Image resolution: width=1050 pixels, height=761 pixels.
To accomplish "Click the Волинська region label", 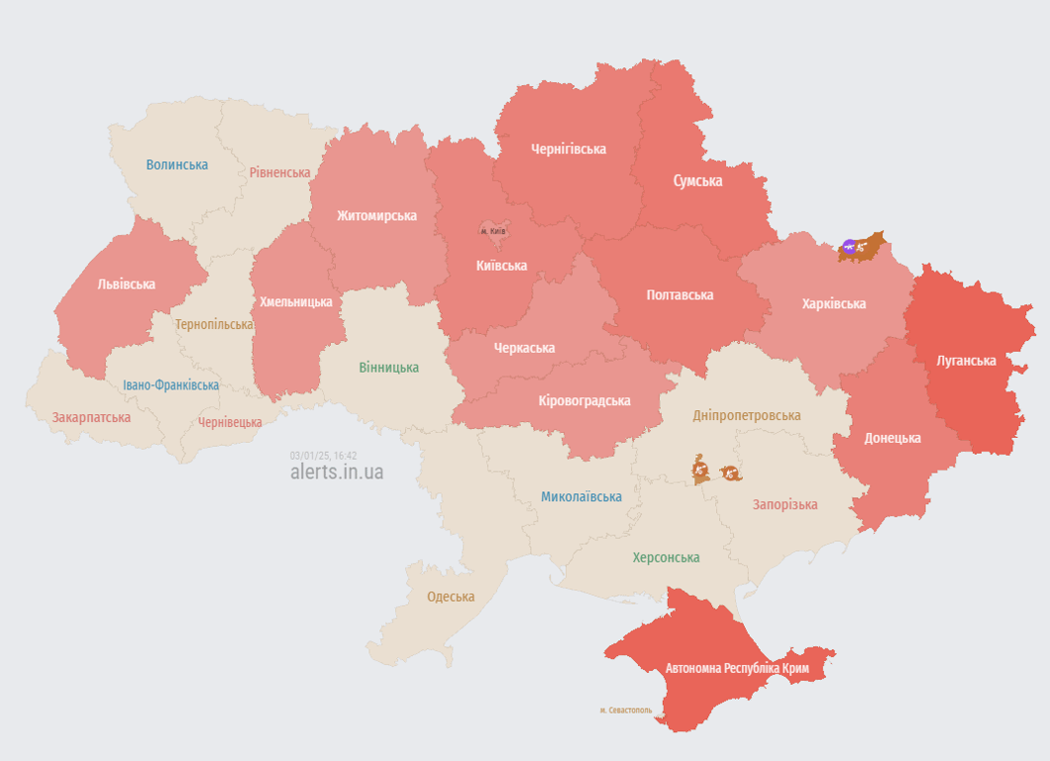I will pyautogui.click(x=177, y=164).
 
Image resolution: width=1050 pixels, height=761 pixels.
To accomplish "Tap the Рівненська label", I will pyautogui.click(x=279, y=172).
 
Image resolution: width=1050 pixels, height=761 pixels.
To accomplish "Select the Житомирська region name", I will pyautogui.click(x=376, y=216).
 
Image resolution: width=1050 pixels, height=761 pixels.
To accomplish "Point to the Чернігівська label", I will pyautogui.click(x=569, y=150).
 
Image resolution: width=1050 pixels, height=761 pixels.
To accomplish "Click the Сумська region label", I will pyautogui.click(x=697, y=181).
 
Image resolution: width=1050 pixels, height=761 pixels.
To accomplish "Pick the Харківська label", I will pyautogui.click(x=833, y=304).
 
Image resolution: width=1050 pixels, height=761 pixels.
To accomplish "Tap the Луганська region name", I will pyautogui.click(x=966, y=361).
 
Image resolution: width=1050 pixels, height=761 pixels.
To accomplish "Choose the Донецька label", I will pyautogui.click(x=892, y=438).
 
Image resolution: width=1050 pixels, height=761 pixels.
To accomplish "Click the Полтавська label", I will pyautogui.click(x=680, y=295).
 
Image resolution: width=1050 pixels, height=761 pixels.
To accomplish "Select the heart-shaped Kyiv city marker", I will pyautogui.click(x=493, y=231).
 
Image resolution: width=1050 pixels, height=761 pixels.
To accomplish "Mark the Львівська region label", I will pyautogui.click(x=126, y=284).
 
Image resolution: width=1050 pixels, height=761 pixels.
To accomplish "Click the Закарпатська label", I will pyautogui.click(x=91, y=417).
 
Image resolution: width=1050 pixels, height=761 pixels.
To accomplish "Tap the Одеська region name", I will pyautogui.click(x=451, y=598).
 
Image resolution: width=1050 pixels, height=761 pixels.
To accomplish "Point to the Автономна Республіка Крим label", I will pyautogui.click(x=737, y=669).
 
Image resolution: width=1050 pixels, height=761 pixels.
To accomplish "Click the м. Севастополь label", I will pyautogui.click(x=626, y=710).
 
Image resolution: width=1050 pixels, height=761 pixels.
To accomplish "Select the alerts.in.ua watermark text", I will pyautogui.click(x=337, y=473).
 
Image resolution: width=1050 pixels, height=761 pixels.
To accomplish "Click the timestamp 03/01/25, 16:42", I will pyautogui.click(x=323, y=456).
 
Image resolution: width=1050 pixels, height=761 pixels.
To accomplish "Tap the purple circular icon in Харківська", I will pyautogui.click(x=849, y=246).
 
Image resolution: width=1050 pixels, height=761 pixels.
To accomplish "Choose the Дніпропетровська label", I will pyautogui.click(x=747, y=416).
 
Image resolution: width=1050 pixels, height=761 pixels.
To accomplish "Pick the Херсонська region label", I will pyautogui.click(x=666, y=558).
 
